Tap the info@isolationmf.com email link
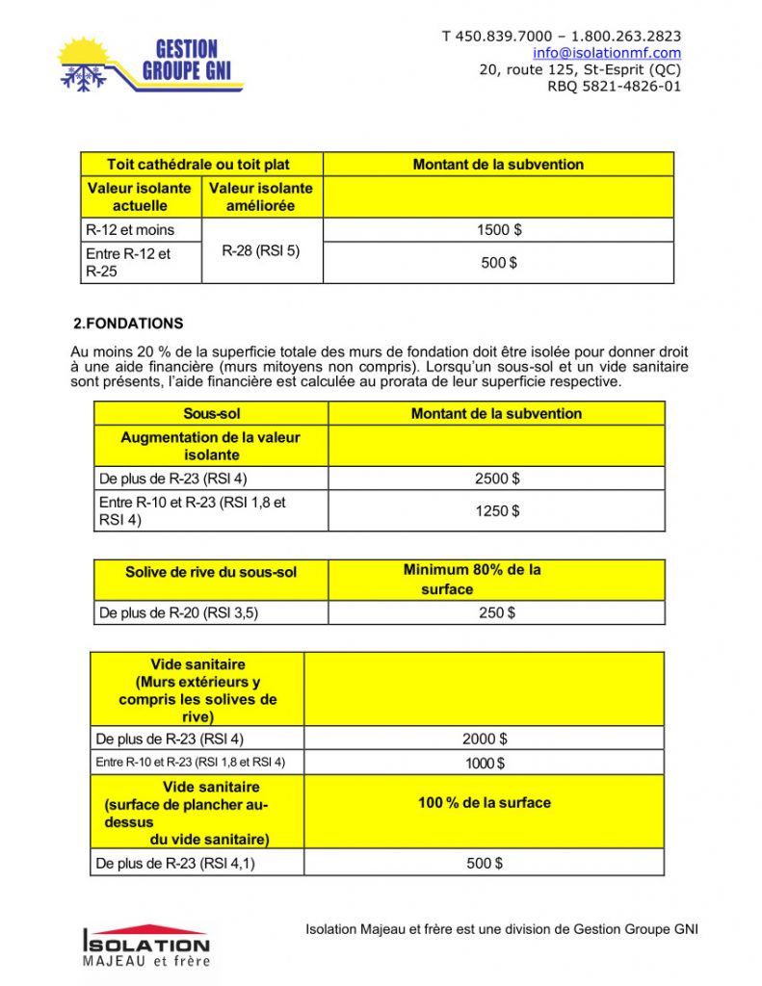[607, 53]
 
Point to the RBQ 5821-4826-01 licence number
[614, 86]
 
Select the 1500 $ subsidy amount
[498, 230]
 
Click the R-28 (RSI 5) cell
[261, 251]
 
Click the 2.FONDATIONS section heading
[128, 324]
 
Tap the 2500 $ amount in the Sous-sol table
[496, 479]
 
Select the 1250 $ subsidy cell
[496, 511]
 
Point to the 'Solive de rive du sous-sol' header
[211, 572]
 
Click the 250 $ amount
[496, 612]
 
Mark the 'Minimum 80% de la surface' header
[472, 579]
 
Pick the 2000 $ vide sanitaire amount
[485, 739]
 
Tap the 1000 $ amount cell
[485, 763]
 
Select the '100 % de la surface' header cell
[485, 802]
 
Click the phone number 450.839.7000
[499, 37]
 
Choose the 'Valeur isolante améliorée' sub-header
[261, 196]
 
